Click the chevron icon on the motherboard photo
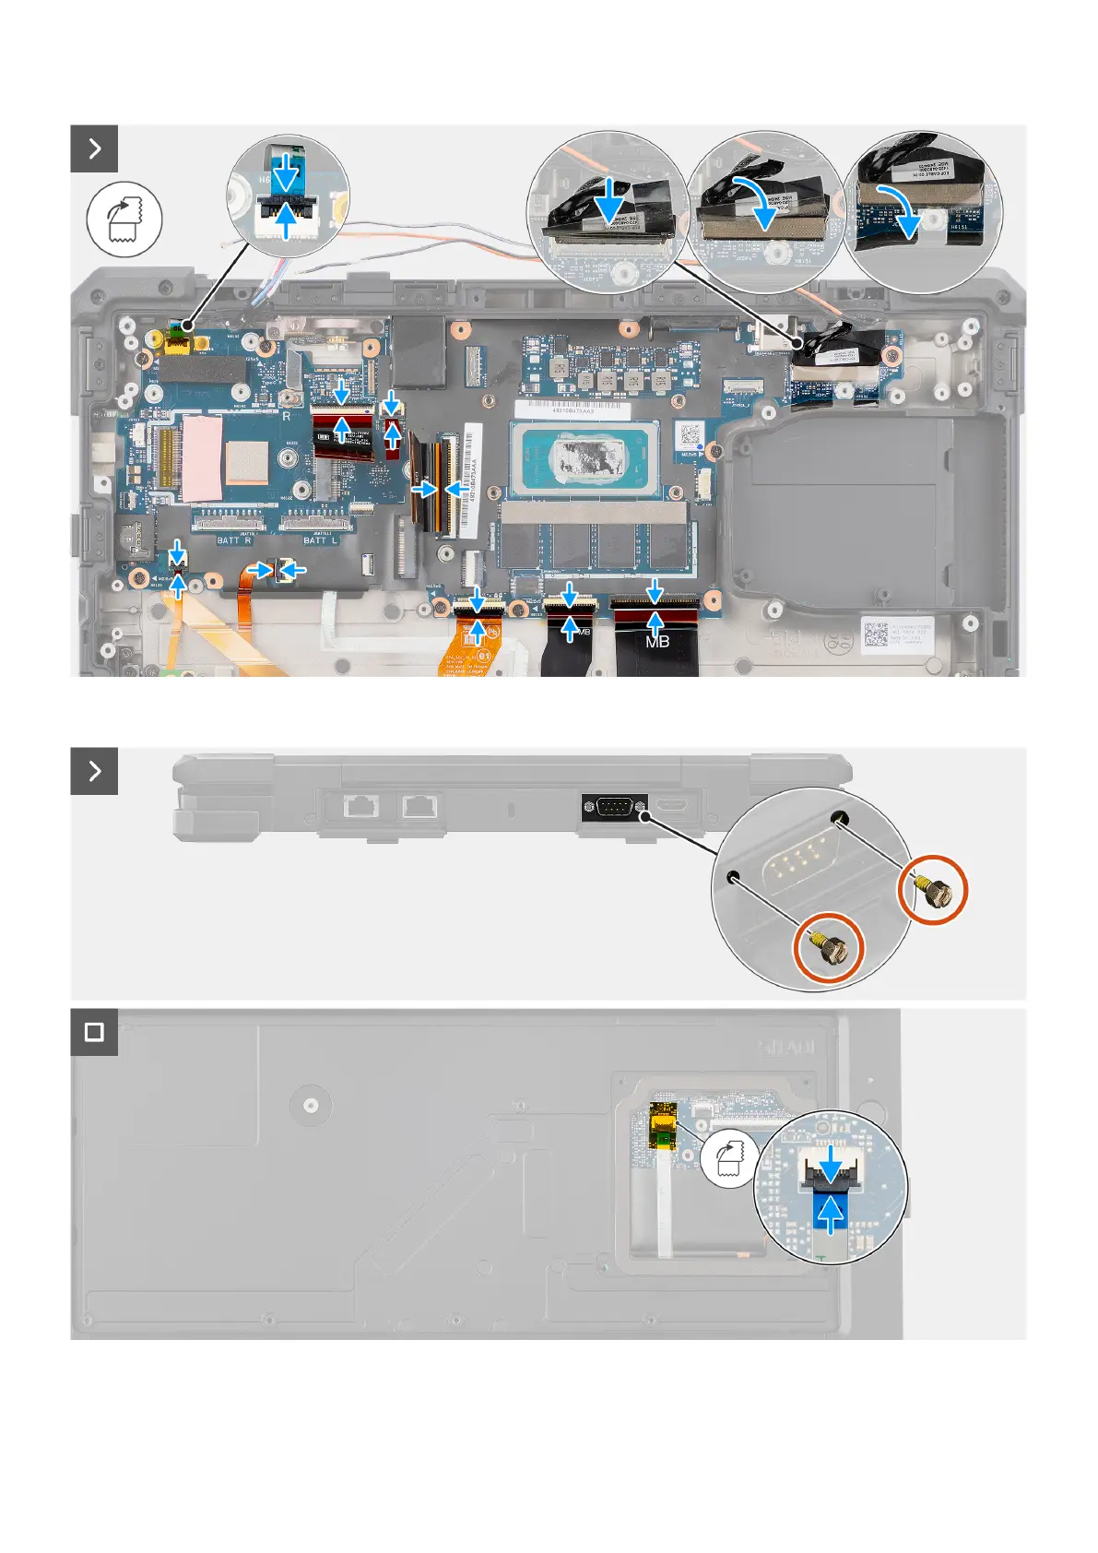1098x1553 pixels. tap(94, 148)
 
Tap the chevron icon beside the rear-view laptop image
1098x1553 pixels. tap(94, 771)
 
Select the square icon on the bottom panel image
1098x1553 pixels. tap(94, 1031)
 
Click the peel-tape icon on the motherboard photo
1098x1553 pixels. tap(124, 219)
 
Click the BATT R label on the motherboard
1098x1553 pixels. tap(233, 540)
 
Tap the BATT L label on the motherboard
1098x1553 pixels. tap(320, 540)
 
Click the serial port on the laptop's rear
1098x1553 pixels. tap(614, 807)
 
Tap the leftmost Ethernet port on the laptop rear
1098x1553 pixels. tap(359, 807)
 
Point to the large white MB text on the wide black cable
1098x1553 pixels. tap(657, 642)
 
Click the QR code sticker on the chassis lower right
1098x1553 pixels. tap(875, 634)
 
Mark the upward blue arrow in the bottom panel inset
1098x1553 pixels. tap(831, 1213)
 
